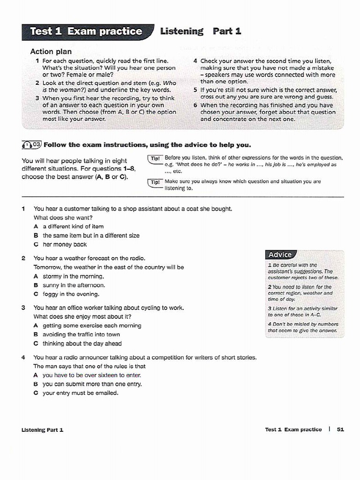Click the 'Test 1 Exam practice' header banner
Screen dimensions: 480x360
pyautogui.click(x=87, y=32)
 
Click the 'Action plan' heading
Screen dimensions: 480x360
pyautogui.click(x=51, y=52)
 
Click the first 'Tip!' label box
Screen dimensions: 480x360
pyautogui.click(x=155, y=158)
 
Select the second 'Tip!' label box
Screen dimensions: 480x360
pyautogui.click(x=155, y=182)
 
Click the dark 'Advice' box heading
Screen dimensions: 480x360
pyautogui.click(x=280, y=255)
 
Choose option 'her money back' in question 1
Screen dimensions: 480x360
pyautogui.click(x=65, y=244)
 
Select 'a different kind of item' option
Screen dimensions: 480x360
pyautogui.click(x=73, y=226)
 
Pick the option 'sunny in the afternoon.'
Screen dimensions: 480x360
pyautogui.click(x=74, y=285)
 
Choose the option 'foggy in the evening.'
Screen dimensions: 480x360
pyautogui.click(x=71, y=294)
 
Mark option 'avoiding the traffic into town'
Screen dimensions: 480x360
pyautogui.click(x=81, y=334)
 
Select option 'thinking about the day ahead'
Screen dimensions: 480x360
pyautogui.click(x=82, y=343)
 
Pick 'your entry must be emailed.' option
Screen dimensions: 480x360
pyautogui.click(x=80, y=393)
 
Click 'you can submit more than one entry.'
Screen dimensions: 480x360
pyautogui.click(x=92, y=384)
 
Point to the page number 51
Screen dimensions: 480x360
pyautogui.click(x=340, y=429)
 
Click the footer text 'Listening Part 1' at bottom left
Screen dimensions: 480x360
pyautogui.click(x=42, y=429)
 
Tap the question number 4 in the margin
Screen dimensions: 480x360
pyautogui.click(x=23, y=357)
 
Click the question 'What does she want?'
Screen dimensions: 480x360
pyautogui.click(x=63, y=217)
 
